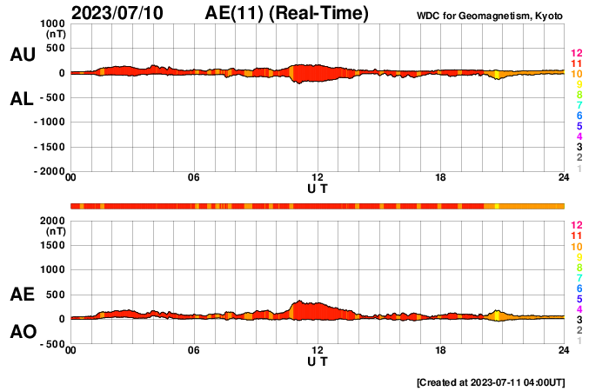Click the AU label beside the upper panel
(22, 55)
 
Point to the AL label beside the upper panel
(22, 99)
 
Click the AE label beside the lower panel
(22, 295)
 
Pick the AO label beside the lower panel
(22, 332)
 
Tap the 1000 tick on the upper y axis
(50, 23)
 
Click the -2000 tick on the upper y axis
(47, 172)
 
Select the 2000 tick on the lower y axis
(50, 221)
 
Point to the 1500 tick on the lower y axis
(50, 245)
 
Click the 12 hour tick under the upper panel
(318, 178)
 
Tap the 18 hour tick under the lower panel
(441, 350)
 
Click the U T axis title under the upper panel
(318, 189)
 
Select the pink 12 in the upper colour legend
(576, 53)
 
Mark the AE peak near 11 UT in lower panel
(298, 301)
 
